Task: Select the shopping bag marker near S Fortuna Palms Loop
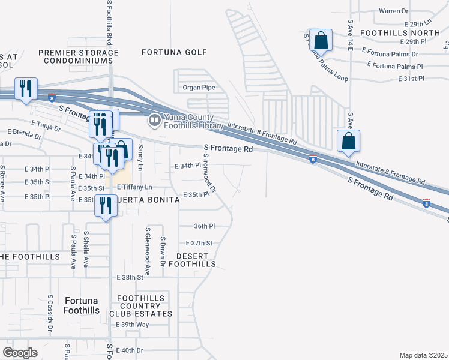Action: (x=321, y=41)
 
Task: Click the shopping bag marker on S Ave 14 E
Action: (x=348, y=142)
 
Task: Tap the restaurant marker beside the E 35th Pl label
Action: (x=105, y=206)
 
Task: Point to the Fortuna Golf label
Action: (x=170, y=52)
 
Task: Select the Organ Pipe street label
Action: (x=199, y=88)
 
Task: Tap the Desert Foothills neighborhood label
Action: (x=191, y=259)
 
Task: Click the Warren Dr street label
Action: (x=393, y=11)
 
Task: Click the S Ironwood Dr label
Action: (x=209, y=172)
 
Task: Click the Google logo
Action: (x=20, y=352)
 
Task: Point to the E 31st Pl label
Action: (x=411, y=79)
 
